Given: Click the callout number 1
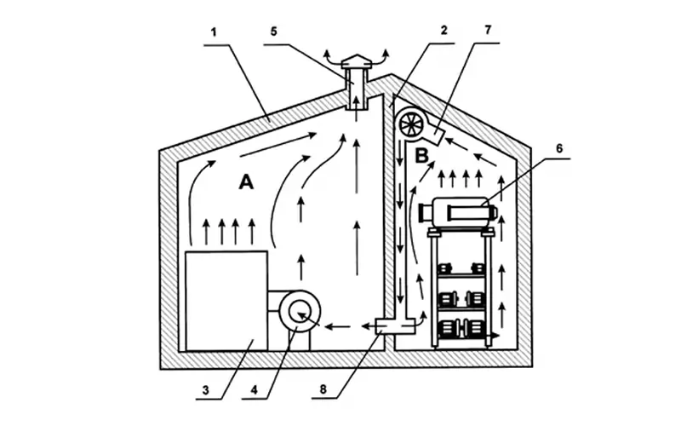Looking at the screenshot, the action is [x=214, y=32].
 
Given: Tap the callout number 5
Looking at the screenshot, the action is [x=273, y=32].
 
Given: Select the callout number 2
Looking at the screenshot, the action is [x=444, y=31].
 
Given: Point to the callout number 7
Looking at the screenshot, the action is [x=487, y=30].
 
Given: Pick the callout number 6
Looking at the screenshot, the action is [x=559, y=148].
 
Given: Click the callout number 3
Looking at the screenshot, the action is [x=205, y=390].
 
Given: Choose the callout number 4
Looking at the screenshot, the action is [x=254, y=390].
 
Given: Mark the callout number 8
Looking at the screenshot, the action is [x=323, y=389].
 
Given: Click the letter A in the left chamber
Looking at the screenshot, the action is [x=246, y=182].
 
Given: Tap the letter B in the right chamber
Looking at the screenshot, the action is [x=421, y=156].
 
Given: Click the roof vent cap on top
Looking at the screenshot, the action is [x=356, y=61].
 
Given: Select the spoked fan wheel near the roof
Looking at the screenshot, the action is [x=411, y=124].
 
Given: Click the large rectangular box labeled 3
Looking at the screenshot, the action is [x=226, y=301].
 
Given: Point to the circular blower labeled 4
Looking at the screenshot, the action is [x=300, y=313].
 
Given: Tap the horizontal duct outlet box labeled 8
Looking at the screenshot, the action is [x=395, y=326].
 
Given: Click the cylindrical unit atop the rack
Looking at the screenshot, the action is [x=457, y=211].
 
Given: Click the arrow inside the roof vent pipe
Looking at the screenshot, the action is [x=356, y=103].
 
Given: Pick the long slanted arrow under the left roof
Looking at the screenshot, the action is [x=278, y=145].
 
